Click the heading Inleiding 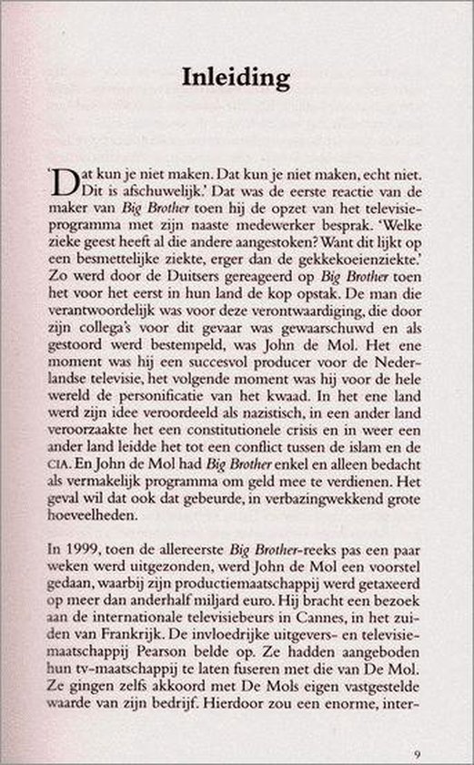coord(236,78)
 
